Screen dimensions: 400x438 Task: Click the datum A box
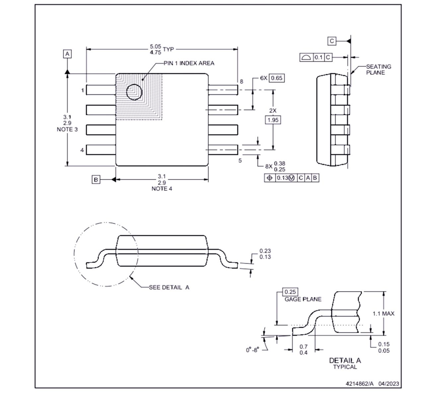[x=67, y=54]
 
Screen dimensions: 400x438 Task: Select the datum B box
[x=96, y=179]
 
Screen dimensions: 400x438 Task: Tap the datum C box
[x=332, y=41]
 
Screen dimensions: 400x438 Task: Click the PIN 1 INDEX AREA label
[x=189, y=63]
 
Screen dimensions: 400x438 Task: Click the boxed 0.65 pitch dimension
[x=276, y=78]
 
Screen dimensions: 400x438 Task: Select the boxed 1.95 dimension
[x=273, y=120]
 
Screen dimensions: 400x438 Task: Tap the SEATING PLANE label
[x=378, y=70]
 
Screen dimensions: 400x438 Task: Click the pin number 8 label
[x=241, y=81]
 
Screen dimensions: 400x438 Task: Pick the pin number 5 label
[x=240, y=160]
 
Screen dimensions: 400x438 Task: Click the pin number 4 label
[x=82, y=150]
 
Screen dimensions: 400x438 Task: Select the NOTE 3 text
[x=67, y=129]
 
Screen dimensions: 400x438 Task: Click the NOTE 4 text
[x=162, y=189]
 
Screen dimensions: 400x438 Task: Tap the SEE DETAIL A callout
[x=169, y=287]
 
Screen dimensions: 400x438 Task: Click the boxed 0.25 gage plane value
[x=290, y=292]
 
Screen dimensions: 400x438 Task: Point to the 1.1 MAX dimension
[x=383, y=314]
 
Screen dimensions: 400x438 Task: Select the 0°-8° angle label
[x=252, y=350]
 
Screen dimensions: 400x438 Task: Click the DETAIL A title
[x=345, y=360]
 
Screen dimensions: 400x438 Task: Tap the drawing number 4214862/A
[x=359, y=384]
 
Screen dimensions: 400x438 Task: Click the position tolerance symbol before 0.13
[x=269, y=178]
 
